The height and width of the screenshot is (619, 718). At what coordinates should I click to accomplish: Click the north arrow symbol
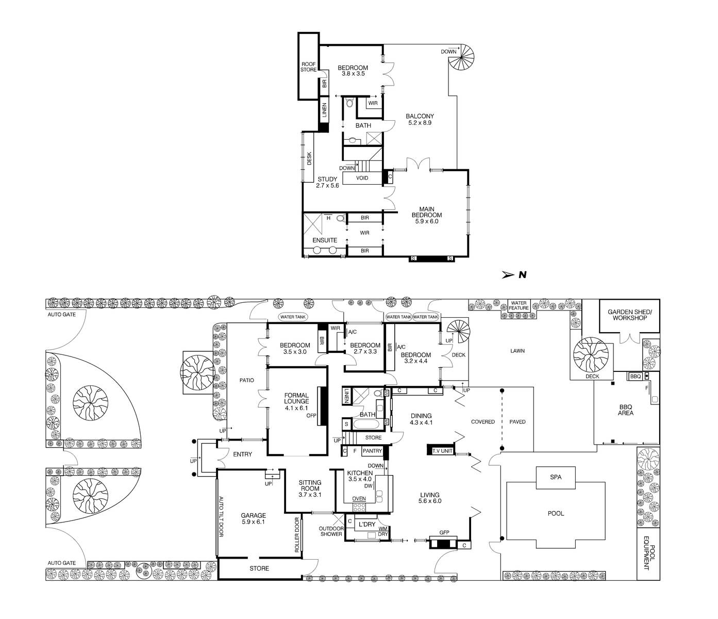point(508,275)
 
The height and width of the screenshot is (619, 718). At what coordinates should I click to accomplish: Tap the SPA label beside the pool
point(556,477)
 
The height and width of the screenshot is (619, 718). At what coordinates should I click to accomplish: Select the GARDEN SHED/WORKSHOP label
point(629,315)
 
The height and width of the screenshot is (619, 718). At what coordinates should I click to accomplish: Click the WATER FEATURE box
point(519,305)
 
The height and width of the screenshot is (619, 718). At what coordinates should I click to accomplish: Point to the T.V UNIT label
point(442,451)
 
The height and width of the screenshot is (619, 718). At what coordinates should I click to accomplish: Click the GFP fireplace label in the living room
point(444,532)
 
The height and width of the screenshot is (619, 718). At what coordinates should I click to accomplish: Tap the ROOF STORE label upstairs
point(308,67)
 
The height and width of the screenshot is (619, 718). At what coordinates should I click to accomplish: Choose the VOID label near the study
point(362,178)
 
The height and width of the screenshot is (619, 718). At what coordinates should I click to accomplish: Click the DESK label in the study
point(309,158)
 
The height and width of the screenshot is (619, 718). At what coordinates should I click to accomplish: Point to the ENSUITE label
point(325,240)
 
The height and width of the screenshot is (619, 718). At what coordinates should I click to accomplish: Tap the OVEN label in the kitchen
point(359,498)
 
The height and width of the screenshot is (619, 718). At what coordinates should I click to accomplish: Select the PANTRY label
point(372,451)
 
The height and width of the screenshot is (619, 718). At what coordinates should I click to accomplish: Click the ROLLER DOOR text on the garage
point(297,535)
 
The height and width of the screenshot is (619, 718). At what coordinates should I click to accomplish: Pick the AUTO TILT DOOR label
point(221,516)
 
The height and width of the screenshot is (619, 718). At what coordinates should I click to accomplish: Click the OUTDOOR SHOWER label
point(331,531)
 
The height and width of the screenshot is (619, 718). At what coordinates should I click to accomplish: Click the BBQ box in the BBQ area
point(636,376)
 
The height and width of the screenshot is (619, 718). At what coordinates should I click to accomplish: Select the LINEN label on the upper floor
point(324,110)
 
